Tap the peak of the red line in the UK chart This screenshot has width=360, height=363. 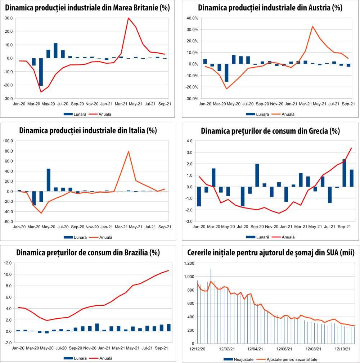pos(129,18)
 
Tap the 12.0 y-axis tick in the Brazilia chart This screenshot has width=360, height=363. pos(8,263)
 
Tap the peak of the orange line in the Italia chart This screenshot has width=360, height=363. pos(129,151)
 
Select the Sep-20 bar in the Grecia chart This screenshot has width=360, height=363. pos(257,175)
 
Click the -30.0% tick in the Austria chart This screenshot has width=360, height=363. pos(192,98)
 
